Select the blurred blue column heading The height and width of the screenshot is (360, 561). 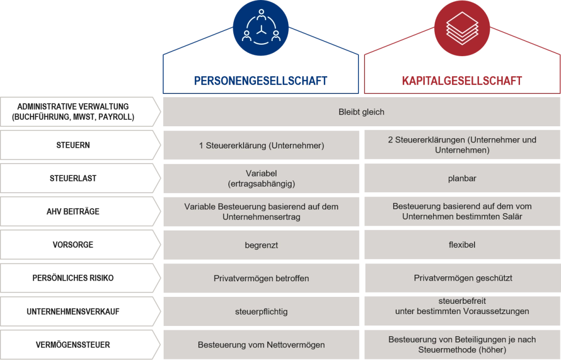(x=261, y=81)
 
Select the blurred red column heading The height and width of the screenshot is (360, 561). (x=462, y=81)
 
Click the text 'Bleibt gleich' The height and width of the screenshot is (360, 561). (x=361, y=112)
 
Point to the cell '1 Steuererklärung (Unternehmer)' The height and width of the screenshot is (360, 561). (x=261, y=145)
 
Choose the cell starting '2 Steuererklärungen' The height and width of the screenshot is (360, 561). (x=462, y=145)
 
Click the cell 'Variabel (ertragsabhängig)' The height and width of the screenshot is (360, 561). (x=261, y=178)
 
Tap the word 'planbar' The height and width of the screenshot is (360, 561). (x=462, y=178)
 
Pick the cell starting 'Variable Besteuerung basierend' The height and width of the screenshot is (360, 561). (x=261, y=212)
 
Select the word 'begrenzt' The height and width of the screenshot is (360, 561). (x=261, y=245)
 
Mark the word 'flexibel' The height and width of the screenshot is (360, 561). (x=462, y=245)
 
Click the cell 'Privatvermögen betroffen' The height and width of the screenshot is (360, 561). (x=261, y=279)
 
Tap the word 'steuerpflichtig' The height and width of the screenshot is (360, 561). (x=261, y=312)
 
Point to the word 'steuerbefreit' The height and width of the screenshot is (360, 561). (x=462, y=301)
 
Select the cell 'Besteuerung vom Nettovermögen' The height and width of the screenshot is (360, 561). (x=261, y=345)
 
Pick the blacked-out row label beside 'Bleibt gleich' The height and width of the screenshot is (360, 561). (x=73, y=111)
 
